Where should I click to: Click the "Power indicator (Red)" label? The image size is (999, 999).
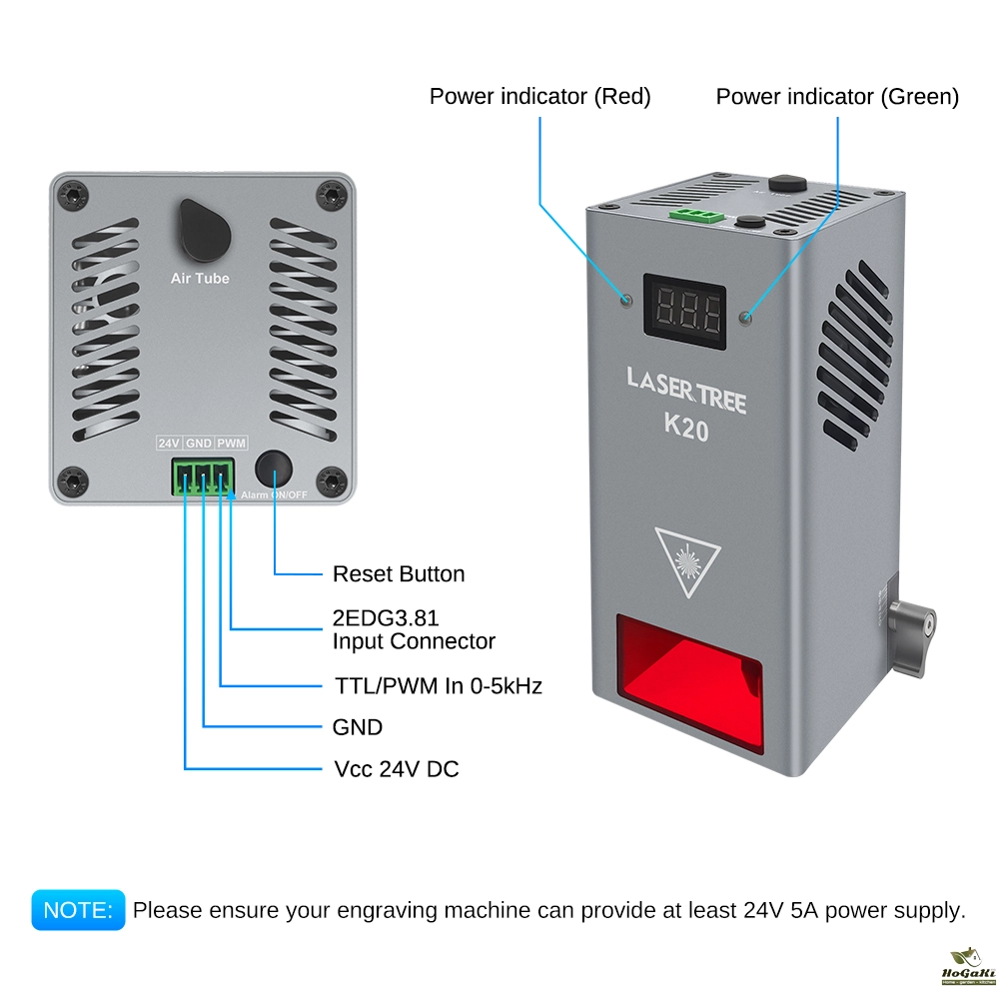(x=539, y=97)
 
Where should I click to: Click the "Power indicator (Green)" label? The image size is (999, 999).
(x=837, y=97)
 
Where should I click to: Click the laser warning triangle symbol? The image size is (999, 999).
(x=687, y=560)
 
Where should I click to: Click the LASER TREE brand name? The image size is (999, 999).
(x=686, y=379)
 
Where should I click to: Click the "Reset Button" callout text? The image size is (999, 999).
(x=398, y=574)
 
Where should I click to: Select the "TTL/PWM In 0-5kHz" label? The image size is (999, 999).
(x=437, y=686)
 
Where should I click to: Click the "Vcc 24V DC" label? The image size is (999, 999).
(x=396, y=769)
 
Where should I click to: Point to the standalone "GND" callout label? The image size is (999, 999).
(x=357, y=727)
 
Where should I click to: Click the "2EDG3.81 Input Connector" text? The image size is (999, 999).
(x=413, y=629)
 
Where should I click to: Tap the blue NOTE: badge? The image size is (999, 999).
(x=78, y=910)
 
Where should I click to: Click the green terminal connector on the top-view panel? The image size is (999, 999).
(x=203, y=476)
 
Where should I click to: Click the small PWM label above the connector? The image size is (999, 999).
(x=232, y=443)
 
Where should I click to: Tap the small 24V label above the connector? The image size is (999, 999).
(x=168, y=443)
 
